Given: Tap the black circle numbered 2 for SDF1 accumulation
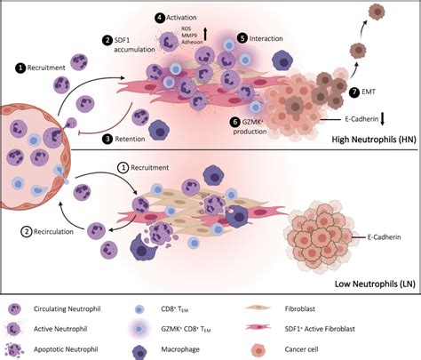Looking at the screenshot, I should tap(107, 40).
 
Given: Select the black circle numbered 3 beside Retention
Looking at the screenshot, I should tap(107, 139).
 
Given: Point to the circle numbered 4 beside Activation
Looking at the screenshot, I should tap(160, 17).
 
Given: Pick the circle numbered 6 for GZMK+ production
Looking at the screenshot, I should tap(234, 121).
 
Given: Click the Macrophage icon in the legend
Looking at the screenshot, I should tap(163, 348).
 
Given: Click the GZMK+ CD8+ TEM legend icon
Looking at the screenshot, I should tap(163, 328).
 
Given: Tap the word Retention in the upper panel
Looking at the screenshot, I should tap(137, 139).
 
